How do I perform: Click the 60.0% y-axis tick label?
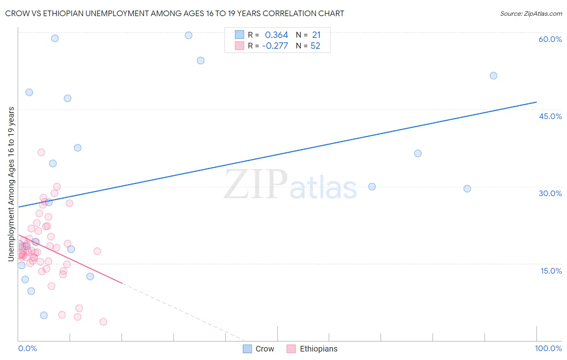coord(550,39)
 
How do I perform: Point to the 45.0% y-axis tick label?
coord(550,116)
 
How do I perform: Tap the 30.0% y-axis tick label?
coord(550,193)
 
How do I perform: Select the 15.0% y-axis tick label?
coord(551,271)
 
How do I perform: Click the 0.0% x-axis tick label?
coord(27,348)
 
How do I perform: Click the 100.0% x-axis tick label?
coord(548,348)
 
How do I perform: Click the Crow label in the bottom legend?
coord(265,349)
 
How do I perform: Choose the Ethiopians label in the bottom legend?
coord(319,349)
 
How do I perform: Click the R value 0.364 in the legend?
coord(276,35)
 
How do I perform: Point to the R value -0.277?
coord(275,46)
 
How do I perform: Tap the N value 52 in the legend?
coord(315,46)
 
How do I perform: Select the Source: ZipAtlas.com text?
coord(531,13)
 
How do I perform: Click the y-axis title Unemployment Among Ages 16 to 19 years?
coord(11,184)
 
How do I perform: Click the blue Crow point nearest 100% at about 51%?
coord(493,75)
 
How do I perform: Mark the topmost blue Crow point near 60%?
coord(188,35)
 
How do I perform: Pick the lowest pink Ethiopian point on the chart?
coord(103,322)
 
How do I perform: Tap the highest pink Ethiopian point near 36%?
coord(41,152)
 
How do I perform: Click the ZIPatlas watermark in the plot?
coord(290,185)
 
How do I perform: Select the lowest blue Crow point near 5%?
coord(44,315)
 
